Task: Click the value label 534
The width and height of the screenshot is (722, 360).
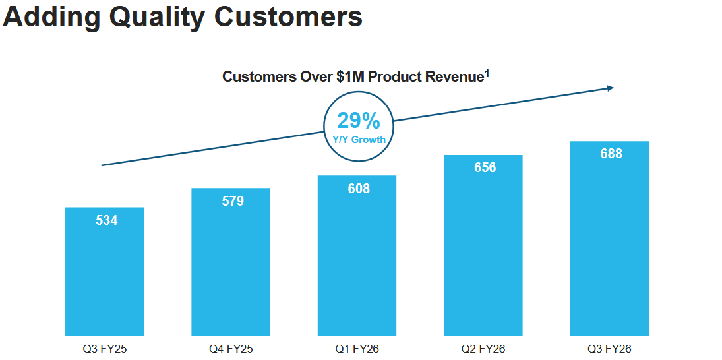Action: tap(107, 220)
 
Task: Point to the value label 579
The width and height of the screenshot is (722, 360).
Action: tap(233, 201)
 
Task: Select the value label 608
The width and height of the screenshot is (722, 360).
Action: tap(359, 189)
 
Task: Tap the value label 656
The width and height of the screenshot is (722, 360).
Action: tap(485, 167)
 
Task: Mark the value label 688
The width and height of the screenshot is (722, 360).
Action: tap(611, 154)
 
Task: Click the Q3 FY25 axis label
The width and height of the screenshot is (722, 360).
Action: tap(105, 349)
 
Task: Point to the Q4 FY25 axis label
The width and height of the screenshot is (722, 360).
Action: tap(231, 349)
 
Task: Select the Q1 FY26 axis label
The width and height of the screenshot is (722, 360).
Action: tap(357, 349)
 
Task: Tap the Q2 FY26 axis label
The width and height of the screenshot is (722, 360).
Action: tap(483, 349)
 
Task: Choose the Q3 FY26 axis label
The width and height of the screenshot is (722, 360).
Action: tap(609, 349)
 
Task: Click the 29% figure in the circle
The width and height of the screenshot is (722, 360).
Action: tap(359, 121)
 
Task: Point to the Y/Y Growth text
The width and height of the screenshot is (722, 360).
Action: tap(359, 140)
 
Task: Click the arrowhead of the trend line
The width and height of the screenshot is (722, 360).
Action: tap(611, 88)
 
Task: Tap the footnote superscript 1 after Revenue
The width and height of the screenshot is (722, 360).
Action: tap(487, 73)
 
